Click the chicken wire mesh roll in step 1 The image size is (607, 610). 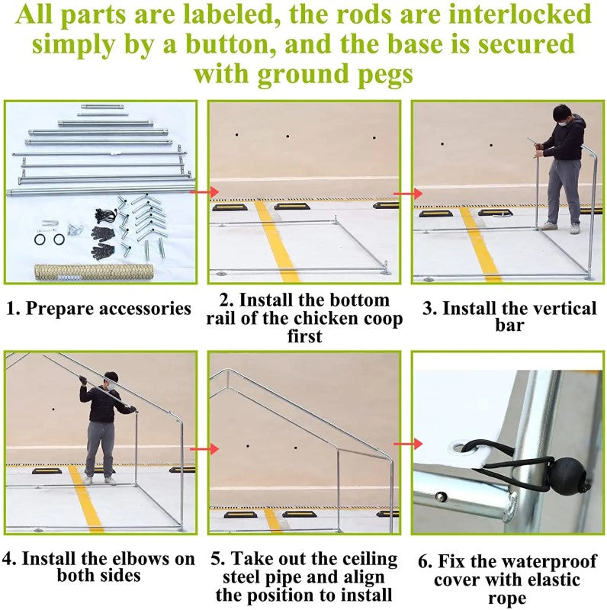click(94, 272)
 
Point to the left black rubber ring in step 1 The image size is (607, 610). click(40, 239)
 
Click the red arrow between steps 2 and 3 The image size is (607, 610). click(408, 194)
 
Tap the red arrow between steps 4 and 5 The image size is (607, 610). click(204, 449)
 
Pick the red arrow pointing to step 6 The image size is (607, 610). click(408, 444)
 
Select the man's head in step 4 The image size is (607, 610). click(111, 380)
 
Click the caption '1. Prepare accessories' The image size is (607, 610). click(99, 308)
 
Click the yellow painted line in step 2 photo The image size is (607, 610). click(277, 241)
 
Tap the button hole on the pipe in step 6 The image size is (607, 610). click(441, 496)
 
